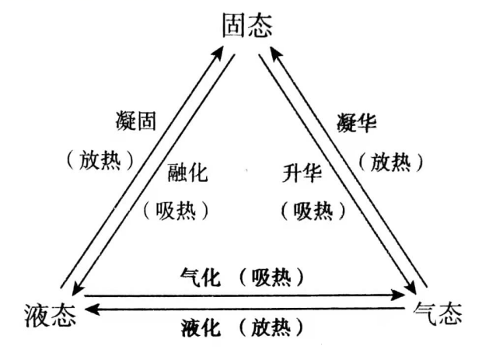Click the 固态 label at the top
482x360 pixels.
coord(247,26)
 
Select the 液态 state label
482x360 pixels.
coord(51,315)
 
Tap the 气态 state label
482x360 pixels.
coord(438,313)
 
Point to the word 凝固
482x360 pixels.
coord(136,121)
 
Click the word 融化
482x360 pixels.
coord(187,172)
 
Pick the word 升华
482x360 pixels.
coord(302,173)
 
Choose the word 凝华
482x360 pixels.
coord(357,122)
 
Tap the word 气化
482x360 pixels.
coord(201,277)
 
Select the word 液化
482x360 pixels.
coord(201,327)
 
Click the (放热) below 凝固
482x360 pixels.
coord(100,160)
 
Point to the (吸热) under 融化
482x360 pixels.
coord(176,211)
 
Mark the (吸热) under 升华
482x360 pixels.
coord(313,211)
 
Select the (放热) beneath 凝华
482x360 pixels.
coord(391,162)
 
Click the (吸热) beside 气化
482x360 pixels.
coord(271,277)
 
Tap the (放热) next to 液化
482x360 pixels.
coord(271,327)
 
